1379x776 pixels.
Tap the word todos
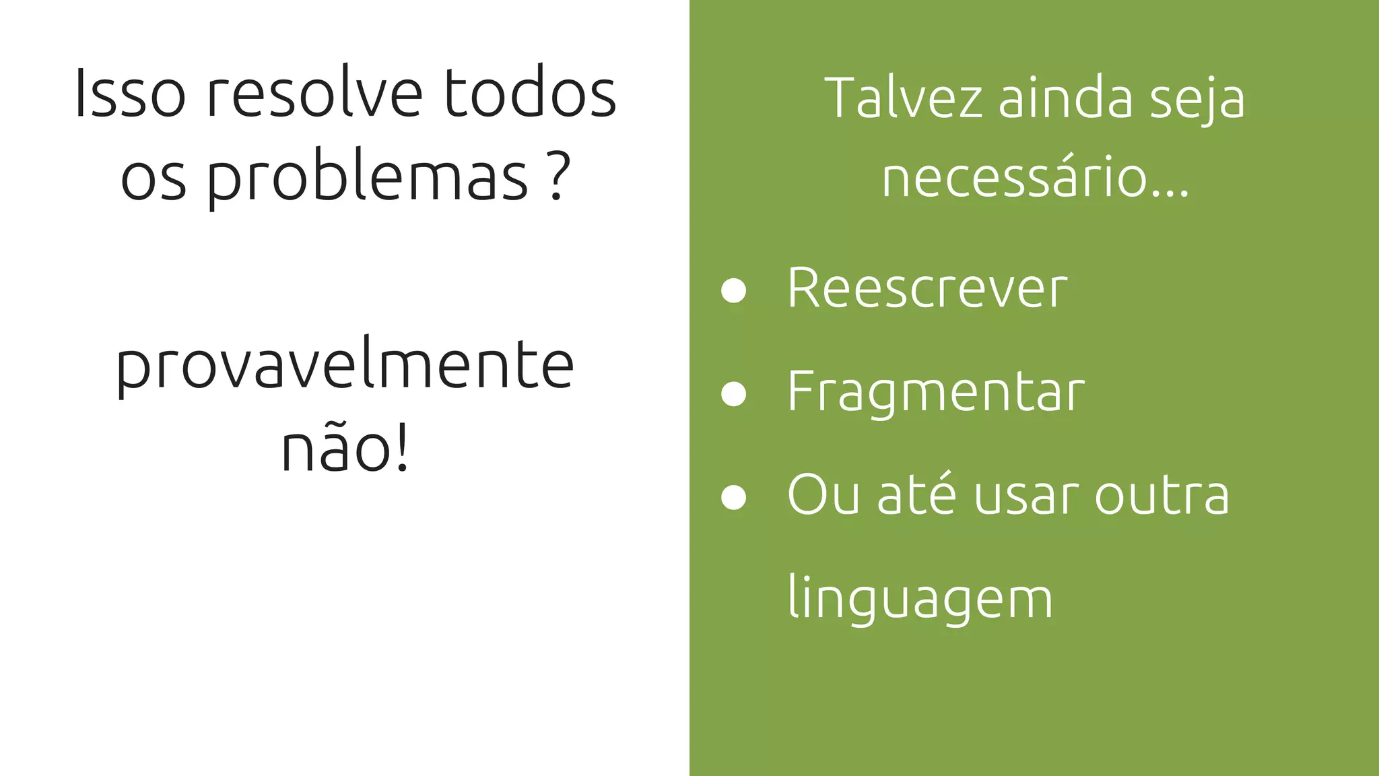pyautogui.click(x=530, y=94)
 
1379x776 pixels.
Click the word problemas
pyautogui.click(x=367, y=176)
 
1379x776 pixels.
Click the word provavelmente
pyautogui.click(x=345, y=366)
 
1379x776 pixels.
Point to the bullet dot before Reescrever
pyautogui.click(x=733, y=290)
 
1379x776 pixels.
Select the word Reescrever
pyautogui.click(x=927, y=288)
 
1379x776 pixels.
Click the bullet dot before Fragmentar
pyautogui.click(x=733, y=394)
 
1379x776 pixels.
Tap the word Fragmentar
pyautogui.click(x=936, y=392)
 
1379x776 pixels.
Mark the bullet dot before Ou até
pyautogui.click(x=733, y=498)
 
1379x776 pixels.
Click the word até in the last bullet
pyautogui.click(x=916, y=495)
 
